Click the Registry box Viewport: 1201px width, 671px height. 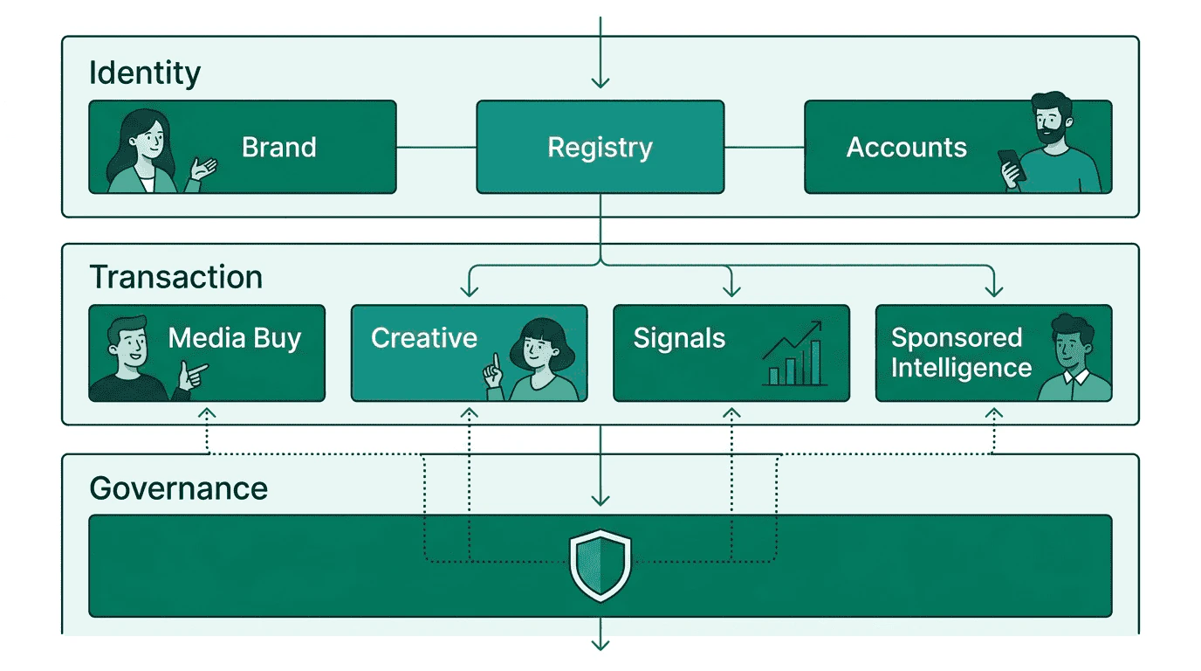tap(600, 147)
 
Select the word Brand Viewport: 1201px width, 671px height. tap(278, 147)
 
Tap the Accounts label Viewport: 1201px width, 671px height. tap(906, 148)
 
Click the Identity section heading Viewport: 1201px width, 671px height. tap(145, 73)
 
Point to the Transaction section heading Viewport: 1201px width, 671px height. tap(176, 277)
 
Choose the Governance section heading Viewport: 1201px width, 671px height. tap(178, 488)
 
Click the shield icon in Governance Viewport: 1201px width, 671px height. tap(600, 565)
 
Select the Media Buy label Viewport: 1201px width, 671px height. tap(234, 338)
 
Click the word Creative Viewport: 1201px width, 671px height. tap(424, 338)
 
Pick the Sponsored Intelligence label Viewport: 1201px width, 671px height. tap(960, 353)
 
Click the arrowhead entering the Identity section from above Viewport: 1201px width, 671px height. tap(600, 82)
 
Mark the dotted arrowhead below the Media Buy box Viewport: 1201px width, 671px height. tap(207, 412)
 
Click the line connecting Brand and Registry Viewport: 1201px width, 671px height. tap(436, 147)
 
